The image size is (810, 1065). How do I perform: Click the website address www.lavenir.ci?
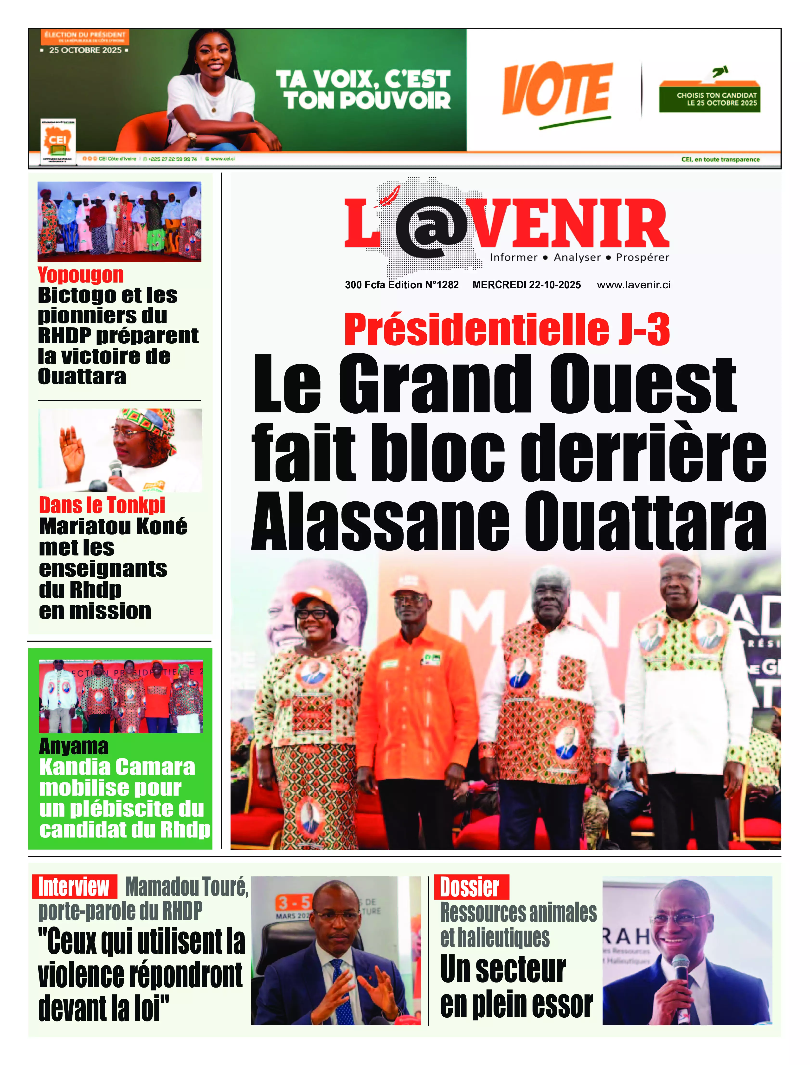tap(634, 285)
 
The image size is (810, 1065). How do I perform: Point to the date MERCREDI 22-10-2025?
tap(527, 285)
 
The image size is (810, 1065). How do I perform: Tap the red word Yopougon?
tap(81, 275)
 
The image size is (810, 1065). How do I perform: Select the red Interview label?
tap(74, 887)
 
